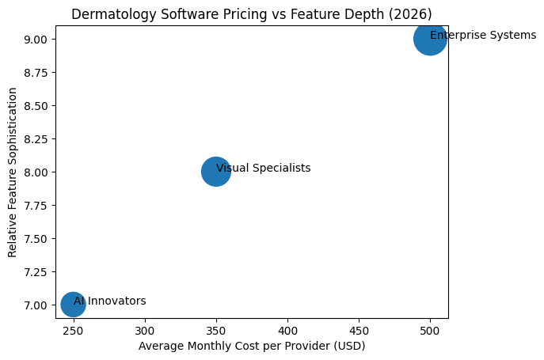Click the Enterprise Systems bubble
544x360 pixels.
[430, 39]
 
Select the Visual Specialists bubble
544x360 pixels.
[215, 171]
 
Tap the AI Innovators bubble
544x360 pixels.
[73, 304]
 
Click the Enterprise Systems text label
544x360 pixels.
[483, 36]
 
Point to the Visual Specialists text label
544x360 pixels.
[264, 168]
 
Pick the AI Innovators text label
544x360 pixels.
[110, 301]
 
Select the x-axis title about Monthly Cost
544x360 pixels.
[252, 347]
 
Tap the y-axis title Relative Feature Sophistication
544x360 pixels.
[13, 172]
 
